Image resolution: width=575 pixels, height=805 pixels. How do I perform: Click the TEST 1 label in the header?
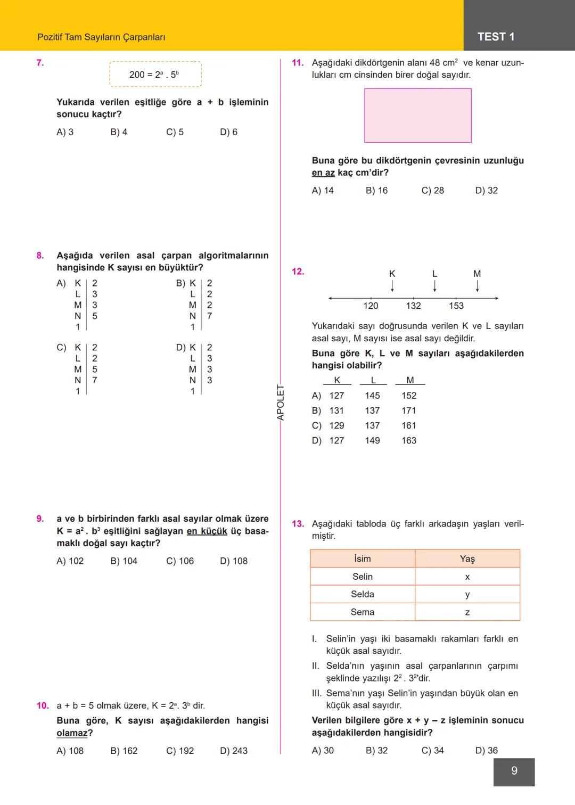496,37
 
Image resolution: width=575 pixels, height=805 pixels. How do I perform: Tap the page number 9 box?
514,771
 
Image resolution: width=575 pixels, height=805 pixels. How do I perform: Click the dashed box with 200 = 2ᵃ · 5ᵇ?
155,75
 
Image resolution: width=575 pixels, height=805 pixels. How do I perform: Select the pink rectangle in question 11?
417,116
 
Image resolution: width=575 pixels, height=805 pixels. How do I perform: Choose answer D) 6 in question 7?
228,132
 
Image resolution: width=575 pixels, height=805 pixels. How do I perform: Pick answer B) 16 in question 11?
376,191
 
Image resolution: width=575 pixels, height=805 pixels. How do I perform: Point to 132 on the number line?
413,306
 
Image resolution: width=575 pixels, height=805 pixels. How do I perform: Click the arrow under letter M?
477,286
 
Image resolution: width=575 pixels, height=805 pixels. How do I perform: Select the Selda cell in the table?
362,594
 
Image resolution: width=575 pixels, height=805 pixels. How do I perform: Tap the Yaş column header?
467,558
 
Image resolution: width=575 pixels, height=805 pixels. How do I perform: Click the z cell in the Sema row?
467,612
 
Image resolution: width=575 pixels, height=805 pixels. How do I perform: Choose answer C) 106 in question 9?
180,561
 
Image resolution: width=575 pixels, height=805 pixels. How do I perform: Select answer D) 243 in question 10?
234,751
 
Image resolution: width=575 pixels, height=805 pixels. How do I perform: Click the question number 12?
298,272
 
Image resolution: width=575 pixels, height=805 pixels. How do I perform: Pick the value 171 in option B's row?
408,410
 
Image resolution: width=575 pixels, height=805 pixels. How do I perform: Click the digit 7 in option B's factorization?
209,316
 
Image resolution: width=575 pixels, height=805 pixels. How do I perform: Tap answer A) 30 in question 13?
323,751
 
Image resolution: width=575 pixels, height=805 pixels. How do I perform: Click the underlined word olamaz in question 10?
72,733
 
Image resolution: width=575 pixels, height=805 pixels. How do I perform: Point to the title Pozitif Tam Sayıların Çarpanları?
101,37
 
